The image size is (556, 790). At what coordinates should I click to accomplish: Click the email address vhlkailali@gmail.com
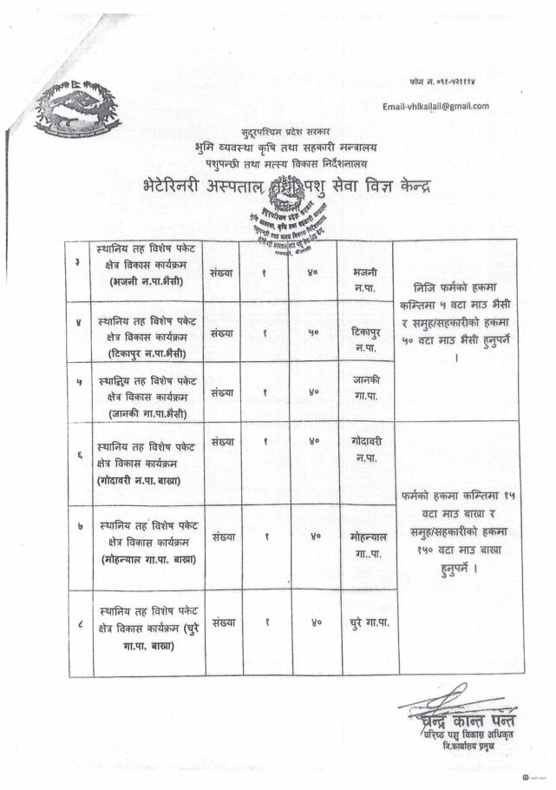tap(436, 106)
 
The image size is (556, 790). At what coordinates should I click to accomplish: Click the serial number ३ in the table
tap(79, 263)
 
